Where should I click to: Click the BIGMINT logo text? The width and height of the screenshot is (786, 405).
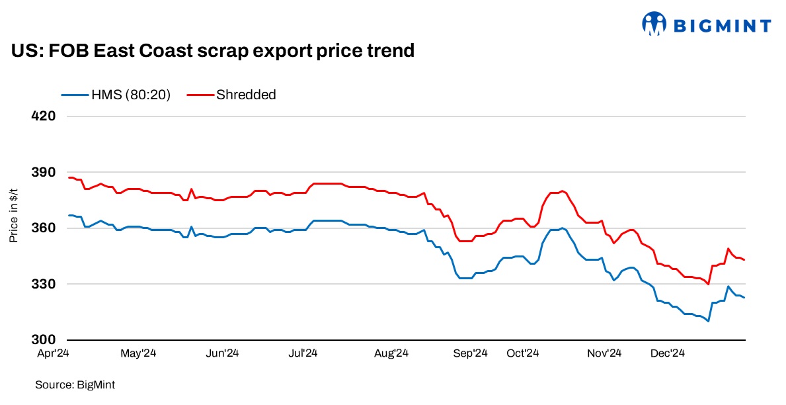tap(722, 26)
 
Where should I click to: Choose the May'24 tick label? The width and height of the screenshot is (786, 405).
tap(139, 354)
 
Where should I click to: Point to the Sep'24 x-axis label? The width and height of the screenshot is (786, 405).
tap(470, 354)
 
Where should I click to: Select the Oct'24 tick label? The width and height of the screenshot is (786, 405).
tap(524, 354)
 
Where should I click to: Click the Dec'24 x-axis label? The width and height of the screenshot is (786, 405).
tap(667, 354)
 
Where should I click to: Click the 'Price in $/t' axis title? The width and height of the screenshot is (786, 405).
tap(13, 215)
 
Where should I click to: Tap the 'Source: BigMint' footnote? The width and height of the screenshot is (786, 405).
tap(71, 384)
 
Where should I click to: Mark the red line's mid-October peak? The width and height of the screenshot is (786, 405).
tap(563, 191)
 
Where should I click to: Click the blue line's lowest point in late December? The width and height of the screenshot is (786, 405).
tap(708, 321)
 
